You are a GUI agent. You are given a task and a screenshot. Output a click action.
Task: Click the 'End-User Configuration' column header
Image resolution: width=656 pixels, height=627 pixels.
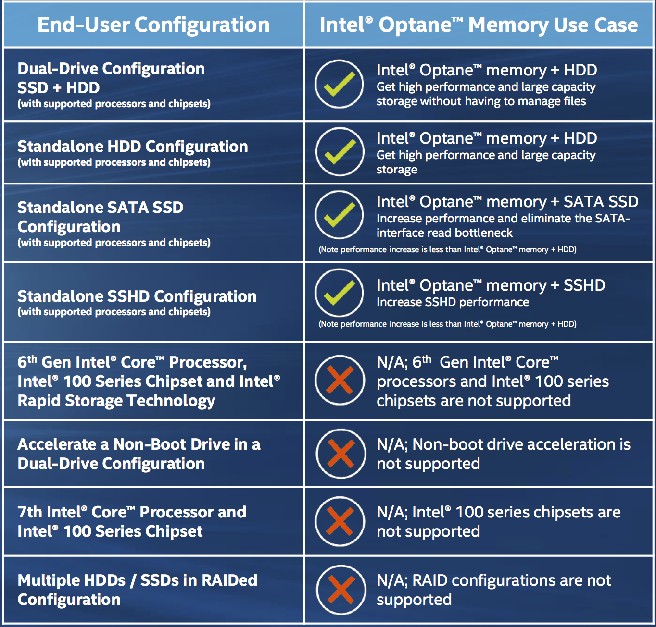pyautogui.click(x=153, y=25)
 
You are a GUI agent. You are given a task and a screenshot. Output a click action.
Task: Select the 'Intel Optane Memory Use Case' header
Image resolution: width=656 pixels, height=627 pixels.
pyautogui.click(x=479, y=25)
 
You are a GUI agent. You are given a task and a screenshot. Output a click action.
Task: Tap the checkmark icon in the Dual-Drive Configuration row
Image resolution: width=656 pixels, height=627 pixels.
pyautogui.click(x=339, y=84)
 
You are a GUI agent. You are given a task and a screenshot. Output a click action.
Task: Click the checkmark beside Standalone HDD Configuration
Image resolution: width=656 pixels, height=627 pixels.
pyautogui.click(x=340, y=152)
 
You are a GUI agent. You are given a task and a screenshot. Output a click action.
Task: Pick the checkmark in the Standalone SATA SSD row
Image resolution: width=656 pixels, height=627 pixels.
pyautogui.click(x=339, y=215)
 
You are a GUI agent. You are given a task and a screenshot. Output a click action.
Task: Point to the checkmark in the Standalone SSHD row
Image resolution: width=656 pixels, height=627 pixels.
pyautogui.click(x=339, y=293)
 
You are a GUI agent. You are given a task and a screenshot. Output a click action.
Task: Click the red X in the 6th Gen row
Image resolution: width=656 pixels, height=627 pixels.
pyautogui.click(x=340, y=380)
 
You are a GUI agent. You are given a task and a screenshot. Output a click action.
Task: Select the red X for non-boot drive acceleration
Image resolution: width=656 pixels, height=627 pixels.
pyautogui.click(x=341, y=454)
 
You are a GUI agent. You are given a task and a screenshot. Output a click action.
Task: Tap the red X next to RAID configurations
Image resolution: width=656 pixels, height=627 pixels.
pyautogui.click(x=341, y=590)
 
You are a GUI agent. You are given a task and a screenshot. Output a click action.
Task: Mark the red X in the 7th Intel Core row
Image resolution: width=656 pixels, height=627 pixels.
pyautogui.click(x=340, y=521)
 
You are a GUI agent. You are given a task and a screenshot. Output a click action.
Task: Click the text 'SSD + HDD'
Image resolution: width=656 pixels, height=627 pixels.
pyautogui.click(x=59, y=87)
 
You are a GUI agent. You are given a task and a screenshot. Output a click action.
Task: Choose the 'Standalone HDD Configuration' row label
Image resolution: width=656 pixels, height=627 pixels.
pyautogui.click(x=133, y=146)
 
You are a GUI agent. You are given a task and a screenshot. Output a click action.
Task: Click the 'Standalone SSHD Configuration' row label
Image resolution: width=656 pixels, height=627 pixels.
pyautogui.click(x=137, y=296)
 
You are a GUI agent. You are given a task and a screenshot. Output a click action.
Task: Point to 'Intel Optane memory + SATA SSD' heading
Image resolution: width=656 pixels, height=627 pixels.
pyautogui.click(x=507, y=202)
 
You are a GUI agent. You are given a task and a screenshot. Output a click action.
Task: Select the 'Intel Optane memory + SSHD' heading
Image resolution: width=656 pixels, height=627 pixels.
pyautogui.click(x=491, y=285)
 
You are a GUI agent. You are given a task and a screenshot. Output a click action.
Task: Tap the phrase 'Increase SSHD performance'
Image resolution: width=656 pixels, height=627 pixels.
pyautogui.click(x=453, y=302)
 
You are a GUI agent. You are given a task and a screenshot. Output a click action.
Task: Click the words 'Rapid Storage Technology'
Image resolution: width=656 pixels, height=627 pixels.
pyautogui.click(x=116, y=401)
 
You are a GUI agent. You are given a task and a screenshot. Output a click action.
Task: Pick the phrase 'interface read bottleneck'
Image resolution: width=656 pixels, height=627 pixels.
pyautogui.click(x=444, y=233)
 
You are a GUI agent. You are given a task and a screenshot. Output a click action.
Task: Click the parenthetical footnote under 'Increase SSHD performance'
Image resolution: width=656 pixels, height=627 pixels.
pyautogui.click(x=447, y=324)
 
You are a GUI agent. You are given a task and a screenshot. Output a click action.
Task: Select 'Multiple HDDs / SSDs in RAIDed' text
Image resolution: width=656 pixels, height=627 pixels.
pyautogui.click(x=138, y=580)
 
